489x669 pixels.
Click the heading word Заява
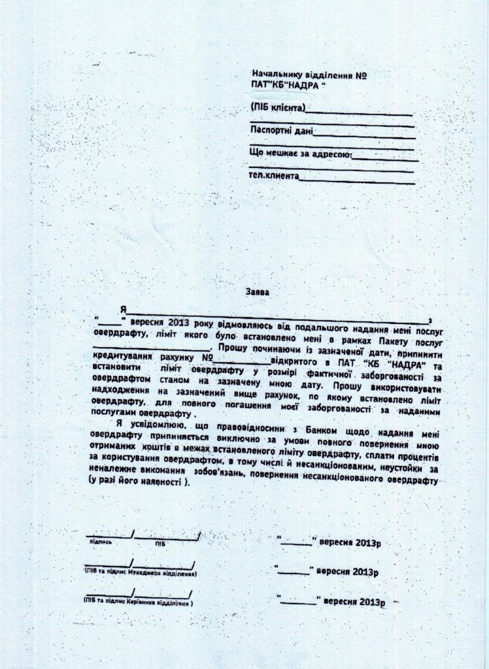coord(256,293)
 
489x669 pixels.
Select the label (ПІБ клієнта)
coord(277,107)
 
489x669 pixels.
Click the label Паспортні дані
coord(282,131)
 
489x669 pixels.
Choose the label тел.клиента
coord(275,176)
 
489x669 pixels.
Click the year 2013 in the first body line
coord(178,323)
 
